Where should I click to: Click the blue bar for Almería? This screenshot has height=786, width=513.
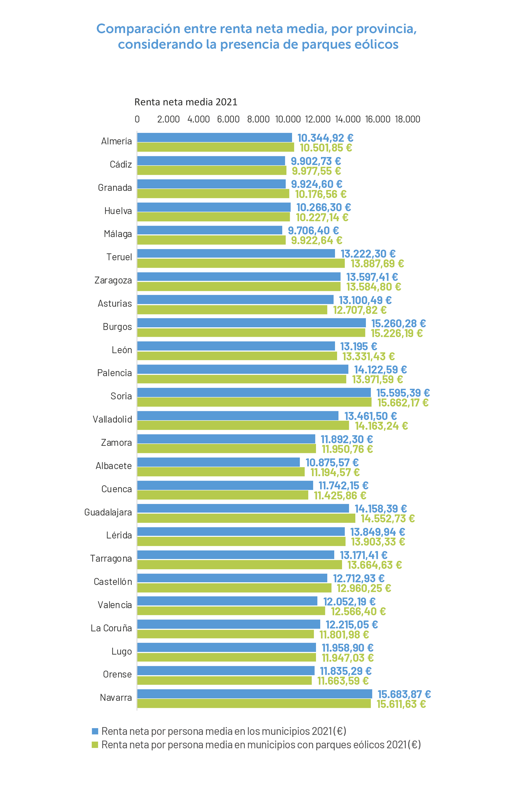click(214, 137)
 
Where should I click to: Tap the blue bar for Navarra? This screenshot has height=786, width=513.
click(254, 694)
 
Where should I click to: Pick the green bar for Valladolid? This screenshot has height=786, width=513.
click(243, 425)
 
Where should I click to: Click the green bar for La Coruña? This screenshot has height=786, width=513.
click(225, 634)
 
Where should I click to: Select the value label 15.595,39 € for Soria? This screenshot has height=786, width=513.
click(403, 393)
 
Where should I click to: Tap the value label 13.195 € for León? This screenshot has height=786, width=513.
click(358, 347)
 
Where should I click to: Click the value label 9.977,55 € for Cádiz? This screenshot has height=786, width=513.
click(316, 171)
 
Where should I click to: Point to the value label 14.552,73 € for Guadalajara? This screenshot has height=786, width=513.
click(388, 518)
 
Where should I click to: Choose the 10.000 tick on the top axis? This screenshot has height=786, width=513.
click(288, 119)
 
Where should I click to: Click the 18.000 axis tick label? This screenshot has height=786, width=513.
click(407, 119)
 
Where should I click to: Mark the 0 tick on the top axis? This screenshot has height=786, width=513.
click(137, 119)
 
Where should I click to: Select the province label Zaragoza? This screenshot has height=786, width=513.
click(113, 280)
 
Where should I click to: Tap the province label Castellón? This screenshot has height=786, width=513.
click(113, 582)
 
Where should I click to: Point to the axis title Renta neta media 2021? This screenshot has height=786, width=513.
click(186, 102)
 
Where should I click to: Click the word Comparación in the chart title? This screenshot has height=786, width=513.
click(138, 29)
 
